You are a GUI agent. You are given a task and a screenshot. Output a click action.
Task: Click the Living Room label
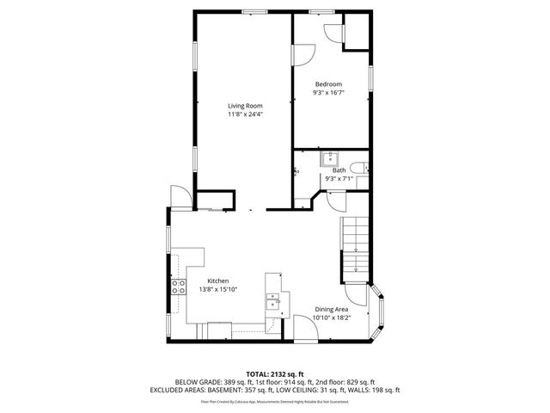tap(245, 105)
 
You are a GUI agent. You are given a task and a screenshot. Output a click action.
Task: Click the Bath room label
tap(339, 170)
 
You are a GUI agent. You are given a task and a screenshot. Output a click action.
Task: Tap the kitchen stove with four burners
tap(179, 287)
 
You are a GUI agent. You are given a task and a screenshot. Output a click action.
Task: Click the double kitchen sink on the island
tap(273, 302)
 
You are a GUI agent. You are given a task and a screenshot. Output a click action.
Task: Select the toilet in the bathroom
tap(364, 169)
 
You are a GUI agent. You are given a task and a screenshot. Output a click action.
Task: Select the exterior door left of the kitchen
tap(179, 197)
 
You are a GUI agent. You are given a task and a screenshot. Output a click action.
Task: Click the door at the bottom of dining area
tap(303, 328)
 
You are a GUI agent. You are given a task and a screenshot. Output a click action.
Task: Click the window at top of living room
tap(254, 11)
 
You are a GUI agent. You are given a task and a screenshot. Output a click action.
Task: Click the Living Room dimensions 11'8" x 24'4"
tap(245, 114)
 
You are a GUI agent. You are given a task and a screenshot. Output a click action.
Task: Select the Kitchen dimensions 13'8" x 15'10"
tap(218, 290)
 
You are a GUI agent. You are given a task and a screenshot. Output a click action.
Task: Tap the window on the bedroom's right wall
tap(371, 77)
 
